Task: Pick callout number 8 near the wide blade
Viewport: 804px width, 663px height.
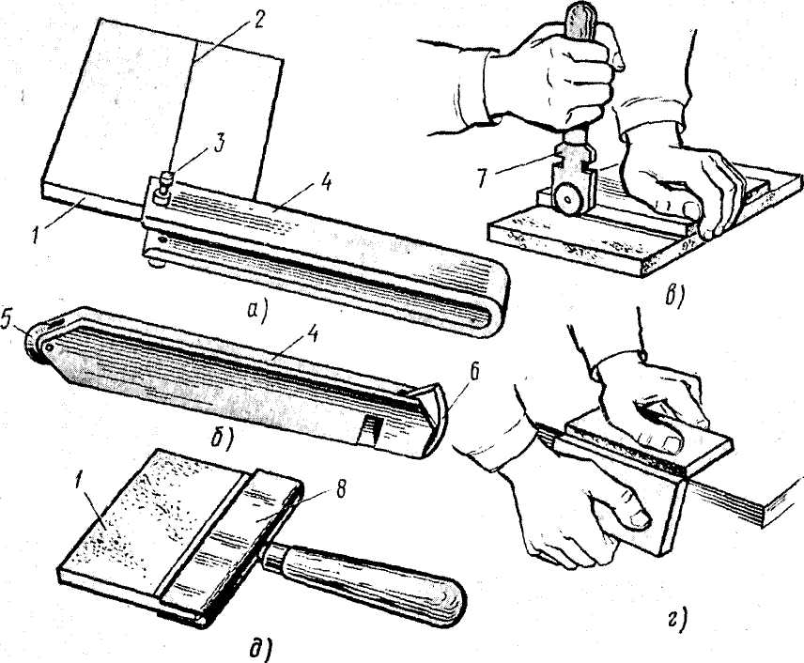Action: [338, 490]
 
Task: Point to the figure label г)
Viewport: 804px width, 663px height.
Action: [677, 622]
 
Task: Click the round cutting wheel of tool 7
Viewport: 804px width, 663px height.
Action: [568, 199]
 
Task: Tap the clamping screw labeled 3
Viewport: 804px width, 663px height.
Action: [165, 187]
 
